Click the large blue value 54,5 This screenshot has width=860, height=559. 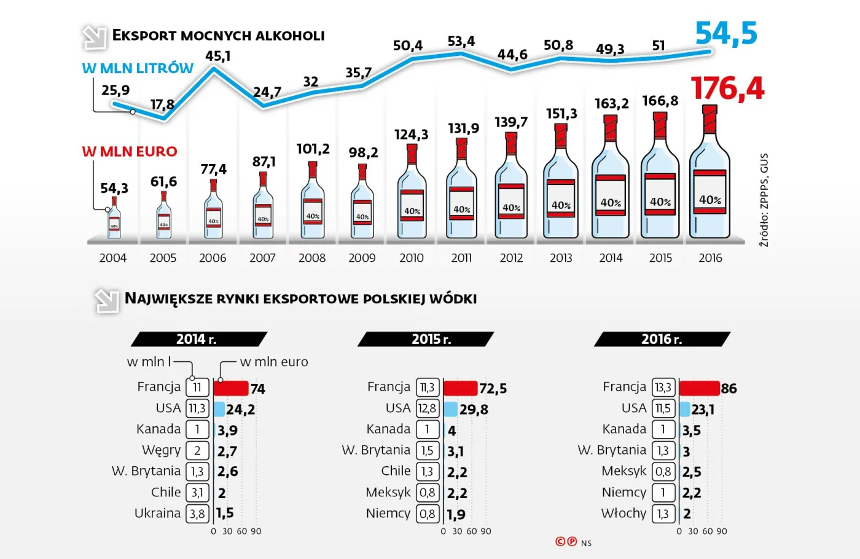point(726,33)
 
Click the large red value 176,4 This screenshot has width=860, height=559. point(727,88)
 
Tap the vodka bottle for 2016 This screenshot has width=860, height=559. point(709,175)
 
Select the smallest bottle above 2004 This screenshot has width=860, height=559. point(114,219)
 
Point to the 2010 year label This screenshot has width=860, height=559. point(412,258)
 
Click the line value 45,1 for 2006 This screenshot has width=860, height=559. point(218,56)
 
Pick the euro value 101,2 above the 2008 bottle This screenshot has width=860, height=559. point(313,149)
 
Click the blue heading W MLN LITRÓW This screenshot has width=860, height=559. point(138,68)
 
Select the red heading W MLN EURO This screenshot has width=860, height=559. point(130,152)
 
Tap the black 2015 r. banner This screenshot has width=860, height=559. point(426,339)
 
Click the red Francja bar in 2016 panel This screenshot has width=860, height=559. point(699,388)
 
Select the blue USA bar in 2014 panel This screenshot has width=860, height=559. point(219,409)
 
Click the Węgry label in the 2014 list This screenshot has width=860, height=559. point(162,450)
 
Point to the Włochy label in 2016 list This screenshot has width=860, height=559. point(623,514)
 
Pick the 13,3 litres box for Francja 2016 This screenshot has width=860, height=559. point(663,388)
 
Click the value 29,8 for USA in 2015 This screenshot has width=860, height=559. point(474,410)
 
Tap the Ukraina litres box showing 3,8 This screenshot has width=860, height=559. point(197,514)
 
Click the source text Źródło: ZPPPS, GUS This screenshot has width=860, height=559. point(764,200)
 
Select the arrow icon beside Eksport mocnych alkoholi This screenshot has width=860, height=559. point(94,37)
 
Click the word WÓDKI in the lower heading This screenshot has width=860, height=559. point(453,299)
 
